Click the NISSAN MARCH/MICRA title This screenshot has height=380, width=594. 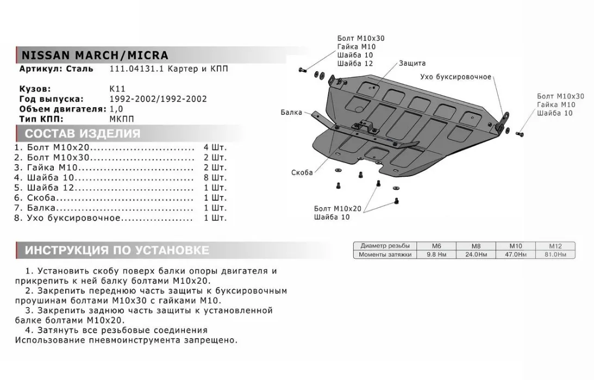[95, 55]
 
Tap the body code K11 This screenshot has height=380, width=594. [117, 89]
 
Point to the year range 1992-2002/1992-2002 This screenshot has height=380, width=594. [158, 99]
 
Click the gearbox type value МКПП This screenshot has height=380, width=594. [122, 119]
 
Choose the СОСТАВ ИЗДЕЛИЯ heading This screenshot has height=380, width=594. [83, 134]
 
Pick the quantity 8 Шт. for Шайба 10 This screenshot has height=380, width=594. [215, 178]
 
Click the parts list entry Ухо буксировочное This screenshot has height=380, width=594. [73, 218]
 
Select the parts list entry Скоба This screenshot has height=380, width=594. [41, 198]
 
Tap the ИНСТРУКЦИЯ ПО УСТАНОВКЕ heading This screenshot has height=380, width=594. [117, 251]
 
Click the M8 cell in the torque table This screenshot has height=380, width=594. [476, 246]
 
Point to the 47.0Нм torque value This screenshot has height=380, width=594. [516, 254]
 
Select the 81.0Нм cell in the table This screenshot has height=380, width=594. [555, 254]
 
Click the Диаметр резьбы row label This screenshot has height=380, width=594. [385, 246]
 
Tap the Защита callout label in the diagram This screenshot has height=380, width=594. [412, 63]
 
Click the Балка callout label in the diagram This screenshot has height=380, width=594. [291, 112]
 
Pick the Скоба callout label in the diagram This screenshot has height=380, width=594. [302, 172]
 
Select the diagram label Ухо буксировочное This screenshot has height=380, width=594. [456, 77]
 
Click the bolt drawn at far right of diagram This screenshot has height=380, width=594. [520, 134]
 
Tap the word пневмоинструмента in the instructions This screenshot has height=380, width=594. [135, 340]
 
